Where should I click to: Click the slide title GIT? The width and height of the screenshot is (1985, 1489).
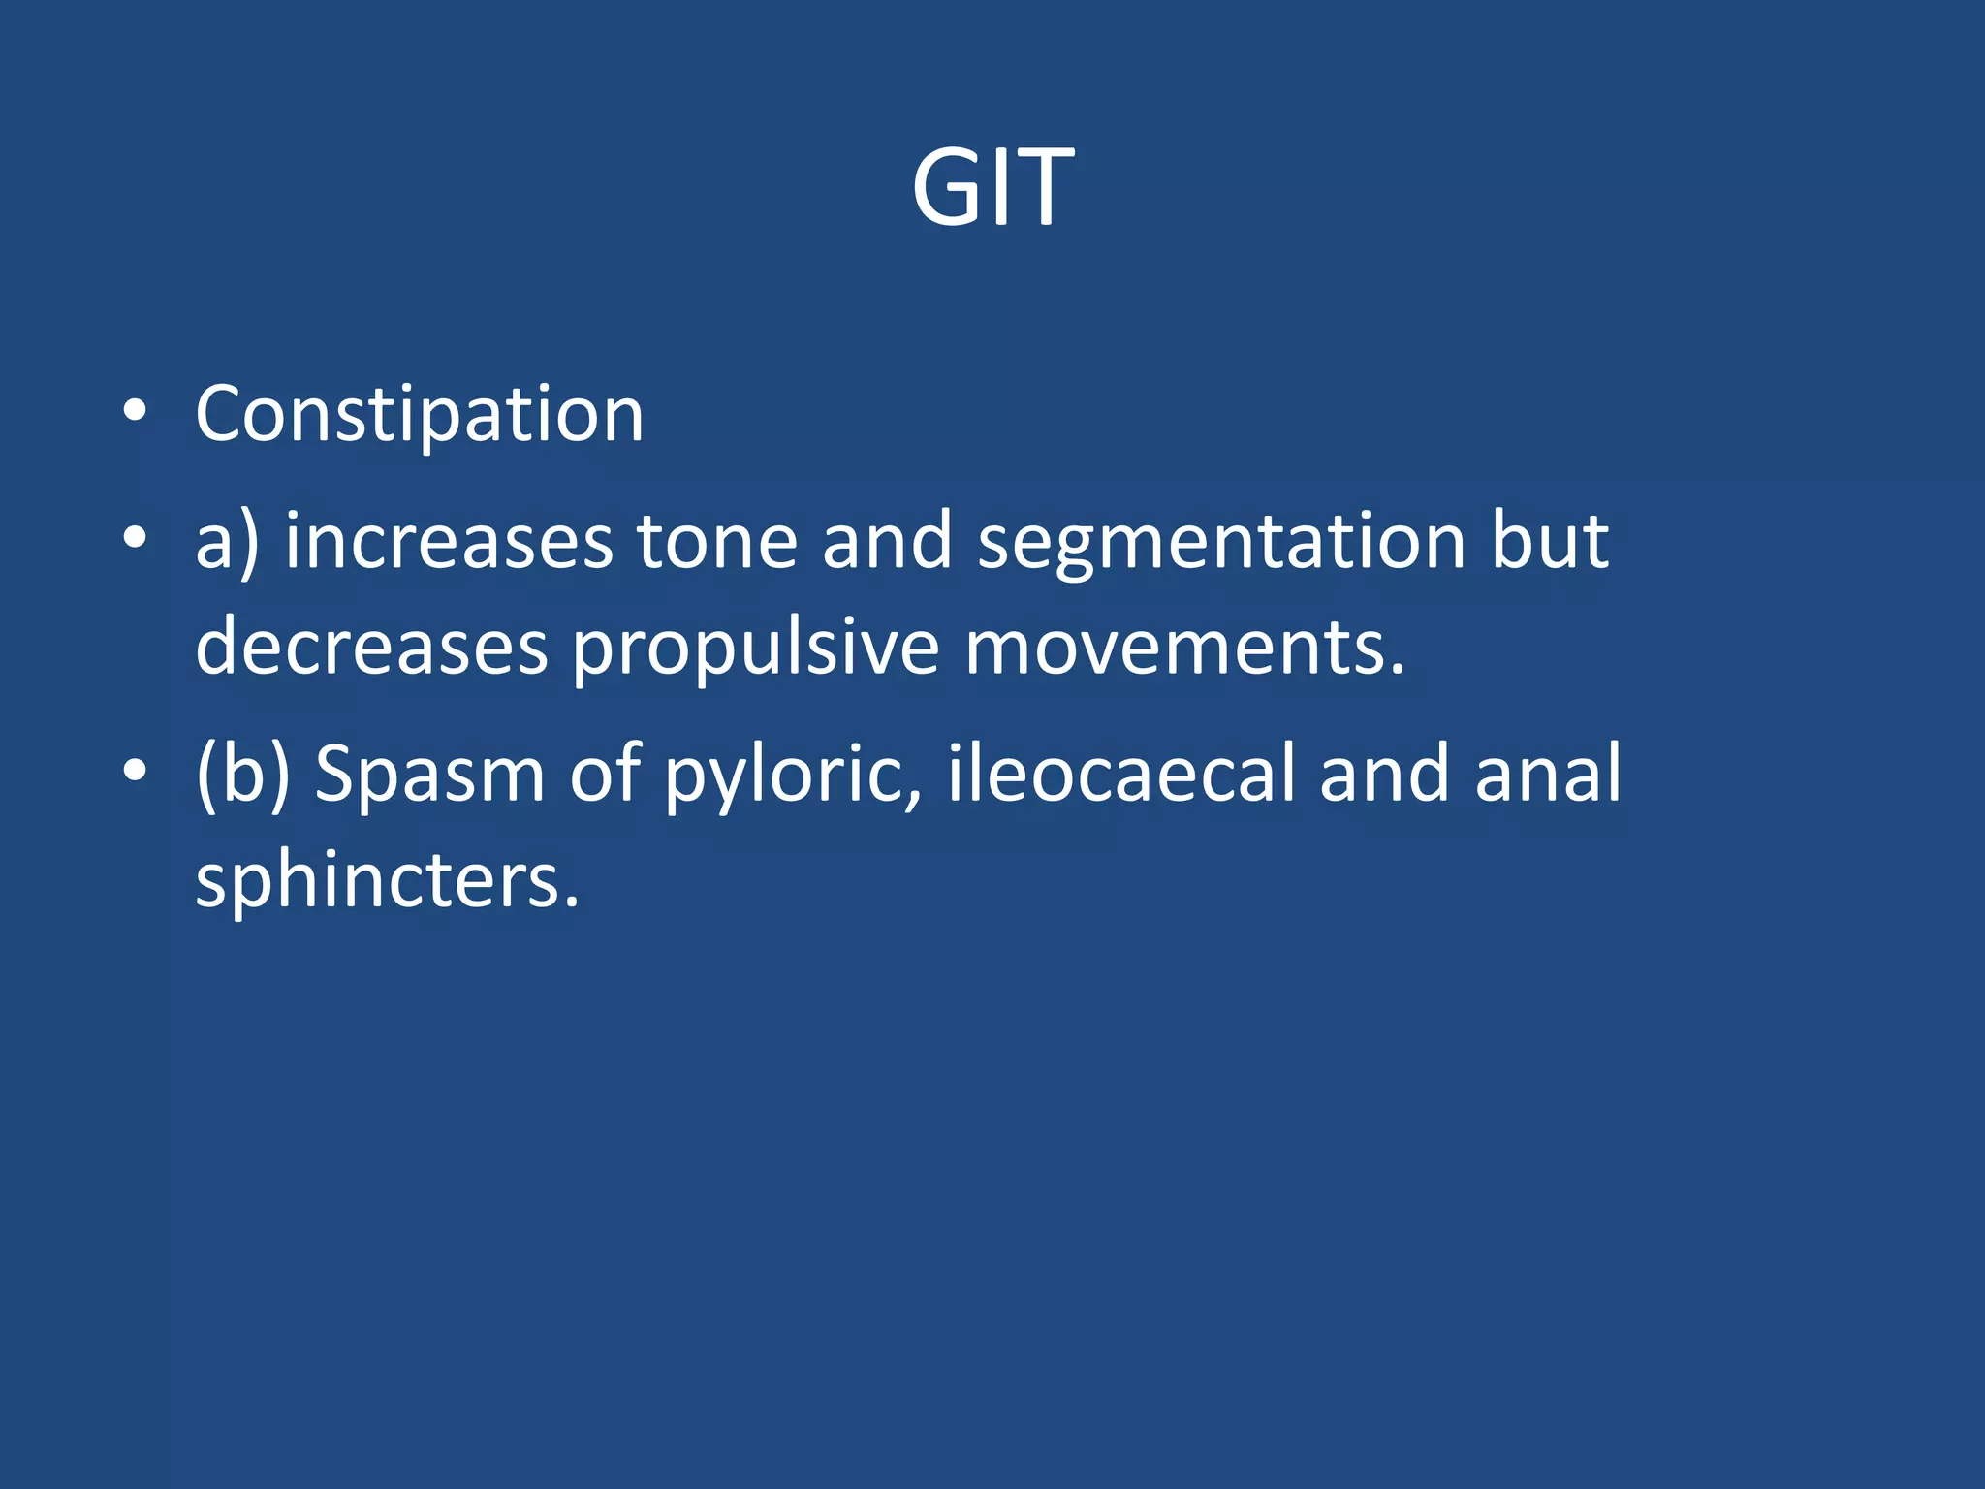tap(992, 188)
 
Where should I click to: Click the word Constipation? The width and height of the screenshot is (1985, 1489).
tap(420, 415)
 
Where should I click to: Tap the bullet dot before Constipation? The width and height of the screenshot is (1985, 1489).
tap(136, 411)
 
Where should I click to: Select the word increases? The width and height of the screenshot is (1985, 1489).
tap(449, 541)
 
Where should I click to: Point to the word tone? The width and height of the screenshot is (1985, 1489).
tap(717, 541)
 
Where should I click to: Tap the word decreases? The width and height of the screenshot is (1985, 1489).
tap(372, 648)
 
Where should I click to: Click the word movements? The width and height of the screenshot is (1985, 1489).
tap(1184, 648)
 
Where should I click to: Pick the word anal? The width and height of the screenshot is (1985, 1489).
tap(1548, 774)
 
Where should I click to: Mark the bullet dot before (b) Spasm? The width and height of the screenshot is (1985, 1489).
tap(136, 771)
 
